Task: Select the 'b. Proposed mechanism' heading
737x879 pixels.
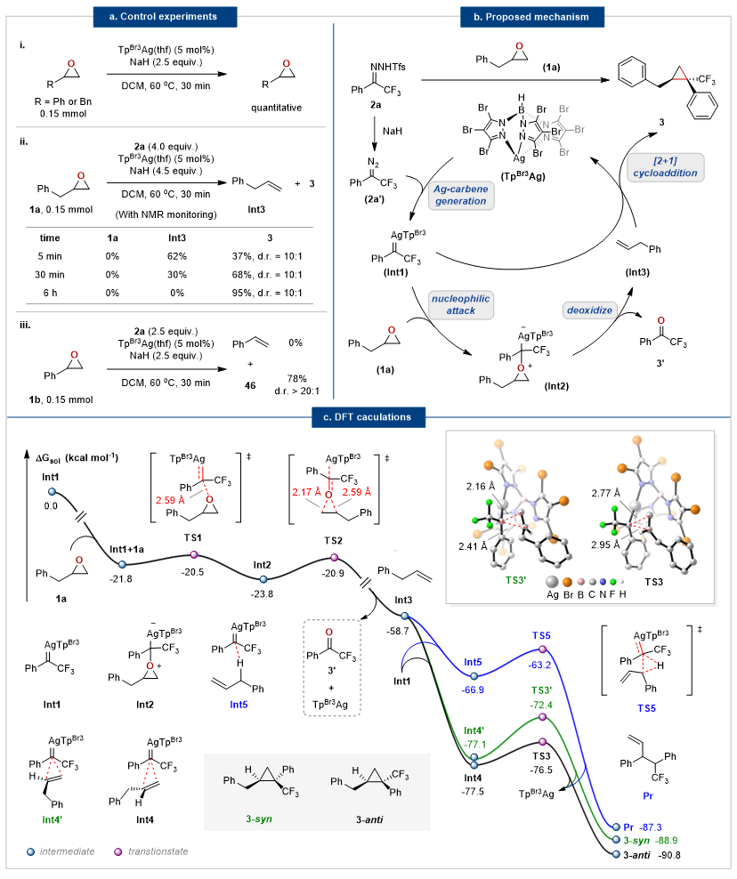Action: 534,16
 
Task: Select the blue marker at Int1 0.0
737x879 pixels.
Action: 51,491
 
